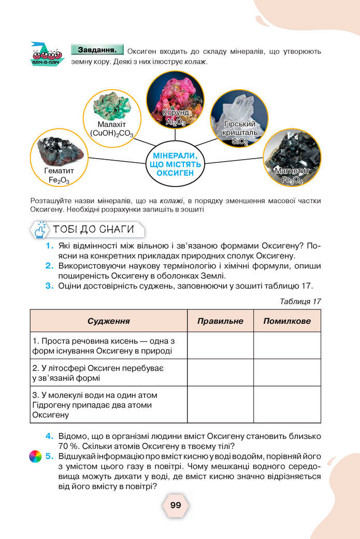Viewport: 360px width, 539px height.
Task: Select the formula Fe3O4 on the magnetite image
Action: coord(292,180)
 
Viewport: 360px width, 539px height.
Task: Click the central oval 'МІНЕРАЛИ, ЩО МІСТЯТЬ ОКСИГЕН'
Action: coord(175,164)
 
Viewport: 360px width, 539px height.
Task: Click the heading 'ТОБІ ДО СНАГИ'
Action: coord(93,229)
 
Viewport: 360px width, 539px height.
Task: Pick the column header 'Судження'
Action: coord(108,321)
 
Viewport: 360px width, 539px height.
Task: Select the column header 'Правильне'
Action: coord(220,321)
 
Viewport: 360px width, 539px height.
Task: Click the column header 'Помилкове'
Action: coord(286,321)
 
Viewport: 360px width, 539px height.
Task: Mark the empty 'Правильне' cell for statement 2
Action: coord(220,372)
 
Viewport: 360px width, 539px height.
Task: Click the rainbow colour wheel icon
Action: coord(35,457)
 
